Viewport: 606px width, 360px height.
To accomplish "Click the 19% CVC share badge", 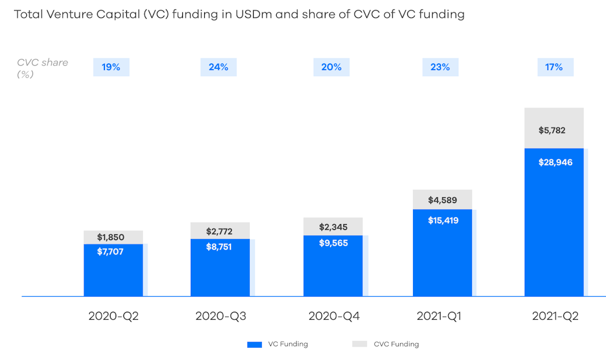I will (x=111, y=67).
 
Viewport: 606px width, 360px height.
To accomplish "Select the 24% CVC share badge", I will (x=218, y=67).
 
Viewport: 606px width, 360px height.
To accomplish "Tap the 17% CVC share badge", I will (x=555, y=67).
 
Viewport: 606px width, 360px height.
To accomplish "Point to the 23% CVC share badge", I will (x=440, y=67).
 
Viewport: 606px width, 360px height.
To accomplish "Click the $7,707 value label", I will (x=110, y=252).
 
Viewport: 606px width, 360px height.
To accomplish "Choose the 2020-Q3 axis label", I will (x=221, y=316).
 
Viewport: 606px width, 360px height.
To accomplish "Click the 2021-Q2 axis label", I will (x=555, y=316).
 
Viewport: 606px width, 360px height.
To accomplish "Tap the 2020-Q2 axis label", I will (x=113, y=316).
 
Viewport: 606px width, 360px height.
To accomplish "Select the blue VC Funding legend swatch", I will (x=255, y=344).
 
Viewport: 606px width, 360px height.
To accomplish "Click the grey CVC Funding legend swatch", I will (x=360, y=344).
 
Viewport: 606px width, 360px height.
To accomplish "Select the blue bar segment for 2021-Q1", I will (x=442, y=258).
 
